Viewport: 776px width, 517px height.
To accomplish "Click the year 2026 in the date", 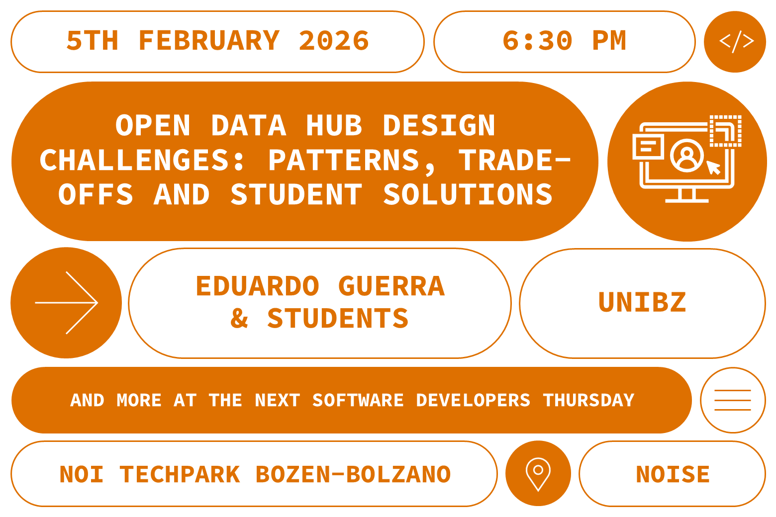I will point(334,41).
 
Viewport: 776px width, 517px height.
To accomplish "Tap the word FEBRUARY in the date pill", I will point(209,41).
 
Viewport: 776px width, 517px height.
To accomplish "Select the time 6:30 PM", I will point(564,41).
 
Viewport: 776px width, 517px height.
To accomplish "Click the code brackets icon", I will point(735,42).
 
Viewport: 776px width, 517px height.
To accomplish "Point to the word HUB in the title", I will point(334,125).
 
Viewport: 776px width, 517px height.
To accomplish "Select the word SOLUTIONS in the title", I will point(468,194).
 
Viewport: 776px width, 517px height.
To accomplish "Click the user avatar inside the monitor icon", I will point(687,155).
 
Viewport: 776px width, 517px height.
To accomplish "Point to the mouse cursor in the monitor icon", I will point(714,168).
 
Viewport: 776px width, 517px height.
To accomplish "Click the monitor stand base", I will point(687,200).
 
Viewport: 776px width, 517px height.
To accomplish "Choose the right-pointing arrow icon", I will point(66,302).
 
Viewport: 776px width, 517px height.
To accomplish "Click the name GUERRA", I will point(391,286).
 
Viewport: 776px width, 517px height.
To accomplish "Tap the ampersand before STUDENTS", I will point(239,318).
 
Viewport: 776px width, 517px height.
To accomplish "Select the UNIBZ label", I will point(642,302).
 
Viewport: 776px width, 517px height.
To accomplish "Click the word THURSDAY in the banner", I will point(588,400).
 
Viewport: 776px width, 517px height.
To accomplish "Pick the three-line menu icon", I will point(732,400).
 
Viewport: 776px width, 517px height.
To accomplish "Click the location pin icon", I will point(538,473).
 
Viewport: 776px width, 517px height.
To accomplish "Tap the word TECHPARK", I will point(180,474).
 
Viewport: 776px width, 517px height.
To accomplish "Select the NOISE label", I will point(673,474).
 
